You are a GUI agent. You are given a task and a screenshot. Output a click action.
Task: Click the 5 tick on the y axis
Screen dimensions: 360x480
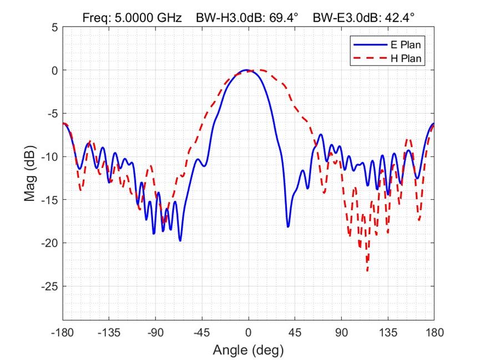pyautogui.click(x=54, y=27)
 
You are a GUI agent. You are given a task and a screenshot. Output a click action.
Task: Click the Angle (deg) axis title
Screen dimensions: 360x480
pyautogui.click(x=248, y=350)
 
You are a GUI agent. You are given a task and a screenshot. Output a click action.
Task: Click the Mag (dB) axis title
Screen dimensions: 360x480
pyautogui.click(x=30, y=173)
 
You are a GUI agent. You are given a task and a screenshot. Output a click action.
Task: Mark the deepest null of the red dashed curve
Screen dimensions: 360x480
pyautogui.click(x=367, y=270)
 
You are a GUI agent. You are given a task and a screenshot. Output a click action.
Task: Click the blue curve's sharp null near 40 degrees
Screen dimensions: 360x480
pyautogui.click(x=288, y=226)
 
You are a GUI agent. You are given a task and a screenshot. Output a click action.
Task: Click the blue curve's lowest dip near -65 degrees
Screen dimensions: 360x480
pyautogui.click(x=180, y=240)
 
